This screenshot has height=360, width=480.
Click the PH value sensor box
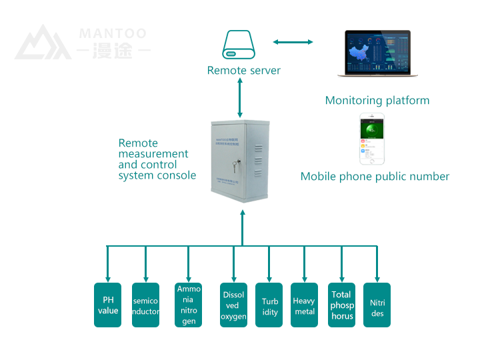(107, 305)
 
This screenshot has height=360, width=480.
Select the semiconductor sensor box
(145, 305)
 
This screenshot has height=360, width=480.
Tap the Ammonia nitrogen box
(189, 305)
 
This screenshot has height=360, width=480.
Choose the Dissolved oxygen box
(233, 305)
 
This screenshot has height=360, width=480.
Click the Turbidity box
(269, 305)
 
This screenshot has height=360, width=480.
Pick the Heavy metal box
(304, 305)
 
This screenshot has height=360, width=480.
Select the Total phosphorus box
(342, 305)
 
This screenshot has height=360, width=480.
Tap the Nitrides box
(377, 305)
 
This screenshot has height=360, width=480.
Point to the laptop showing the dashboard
(377, 54)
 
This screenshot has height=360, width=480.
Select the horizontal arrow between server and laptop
(293, 42)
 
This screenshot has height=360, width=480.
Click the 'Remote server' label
(243, 71)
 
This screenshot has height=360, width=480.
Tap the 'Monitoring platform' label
(377, 101)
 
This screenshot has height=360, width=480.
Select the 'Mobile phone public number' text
(375, 177)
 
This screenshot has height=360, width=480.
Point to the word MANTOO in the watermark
(112, 33)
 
